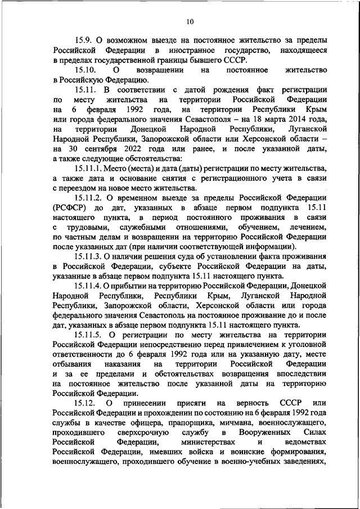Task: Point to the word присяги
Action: tap(182, 404)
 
